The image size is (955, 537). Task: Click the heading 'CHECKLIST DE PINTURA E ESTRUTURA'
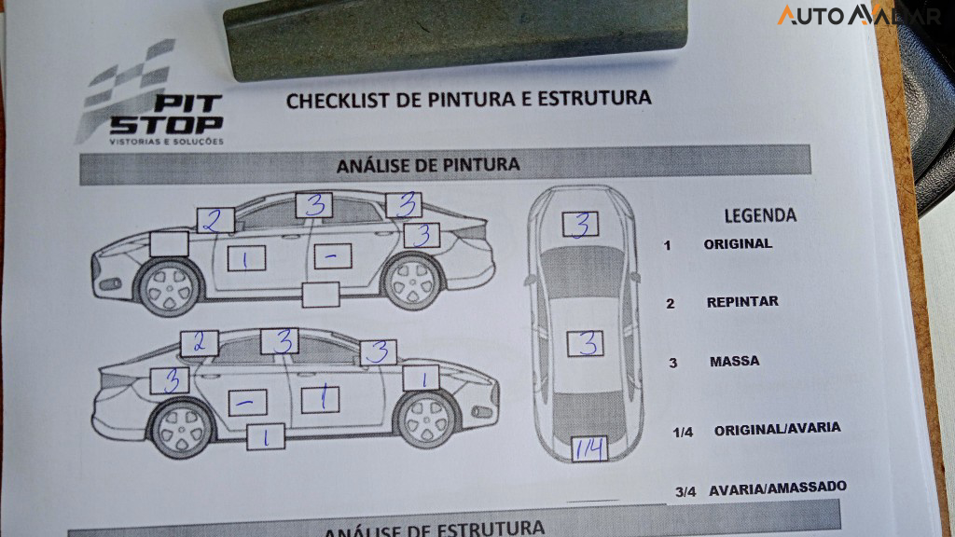pos(468,99)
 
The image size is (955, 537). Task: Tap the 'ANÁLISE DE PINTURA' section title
pos(428,165)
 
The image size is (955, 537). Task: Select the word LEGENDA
pos(760,215)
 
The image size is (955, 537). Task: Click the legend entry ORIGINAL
pos(738,244)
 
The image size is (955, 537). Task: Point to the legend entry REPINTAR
pos(742,302)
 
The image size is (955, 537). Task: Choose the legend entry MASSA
pos(734,361)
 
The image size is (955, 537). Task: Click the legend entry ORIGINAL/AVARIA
pos(777,429)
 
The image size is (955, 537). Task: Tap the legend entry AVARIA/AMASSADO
pos(777,489)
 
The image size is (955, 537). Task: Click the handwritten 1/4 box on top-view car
pos(589,448)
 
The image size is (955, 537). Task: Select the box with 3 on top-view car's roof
pos(585,344)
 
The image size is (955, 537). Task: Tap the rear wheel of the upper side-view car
pos(412,280)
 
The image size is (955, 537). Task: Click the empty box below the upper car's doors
pos(321,294)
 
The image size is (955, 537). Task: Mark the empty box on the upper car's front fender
pos(169,243)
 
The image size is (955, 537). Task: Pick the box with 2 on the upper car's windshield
pos(215,220)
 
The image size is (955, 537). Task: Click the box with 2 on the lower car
pos(200,342)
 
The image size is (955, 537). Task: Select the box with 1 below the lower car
pos(267,436)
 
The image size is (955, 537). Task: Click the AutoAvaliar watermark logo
pos(858,15)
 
